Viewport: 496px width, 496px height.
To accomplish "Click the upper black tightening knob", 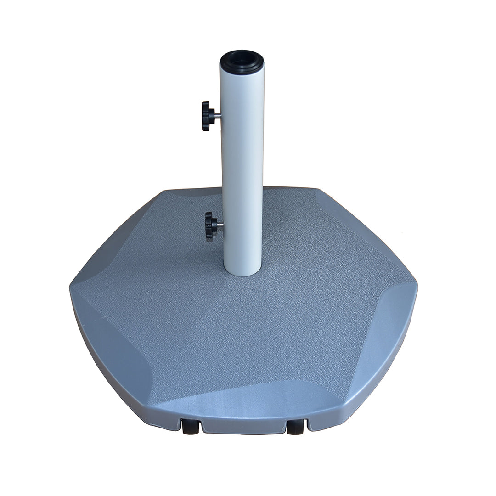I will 207,116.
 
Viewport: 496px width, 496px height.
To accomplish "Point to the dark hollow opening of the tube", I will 242,60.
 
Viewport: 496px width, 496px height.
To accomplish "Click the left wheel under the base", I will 191,427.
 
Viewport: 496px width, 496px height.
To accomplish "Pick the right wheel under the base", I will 295,427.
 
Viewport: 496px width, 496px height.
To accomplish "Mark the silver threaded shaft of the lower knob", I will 220,225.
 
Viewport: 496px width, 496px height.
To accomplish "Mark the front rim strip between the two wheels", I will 243,426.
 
